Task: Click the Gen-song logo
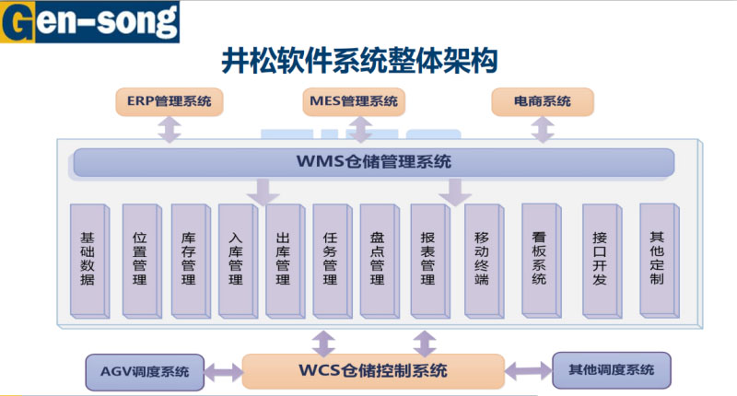89,21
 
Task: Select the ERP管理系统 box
170,101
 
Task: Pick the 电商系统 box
543,101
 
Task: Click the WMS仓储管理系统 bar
373,162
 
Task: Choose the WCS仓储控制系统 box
373,371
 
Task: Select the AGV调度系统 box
145,372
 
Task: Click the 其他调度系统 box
611,370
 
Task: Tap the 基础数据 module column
88,259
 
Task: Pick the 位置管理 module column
140,259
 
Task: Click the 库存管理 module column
188,259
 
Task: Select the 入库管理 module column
236,259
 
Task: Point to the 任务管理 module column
330,259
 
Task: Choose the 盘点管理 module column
377,259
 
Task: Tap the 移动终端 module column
481,259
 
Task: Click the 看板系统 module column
539,259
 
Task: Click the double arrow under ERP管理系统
170,129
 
